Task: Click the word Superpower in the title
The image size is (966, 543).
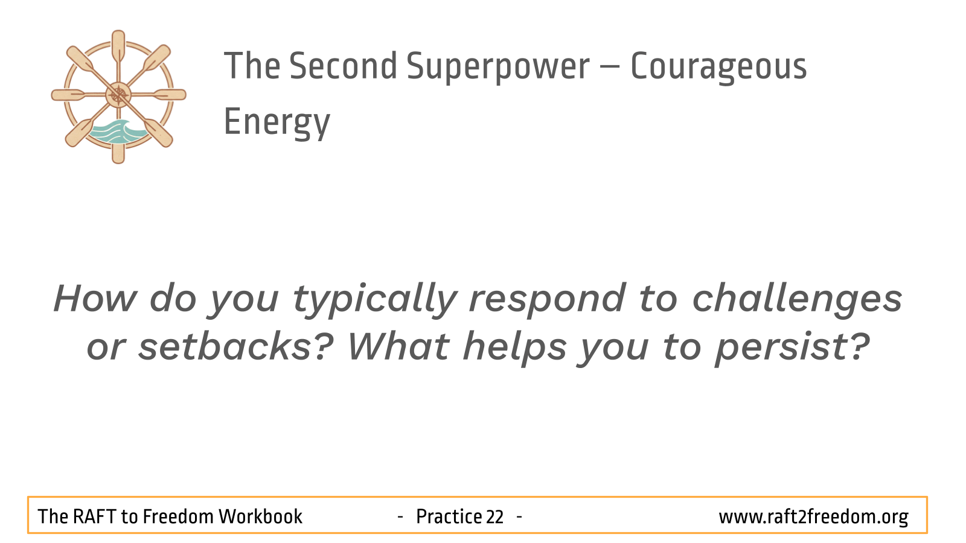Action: [x=497, y=66]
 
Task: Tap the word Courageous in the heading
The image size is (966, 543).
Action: [x=718, y=66]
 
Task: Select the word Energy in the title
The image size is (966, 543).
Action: [x=277, y=123]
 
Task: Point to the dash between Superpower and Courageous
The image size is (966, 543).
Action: [x=610, y=67]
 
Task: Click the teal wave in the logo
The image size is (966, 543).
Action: [x=117, y=132]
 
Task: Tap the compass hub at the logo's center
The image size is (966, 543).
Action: [x=118, y=95]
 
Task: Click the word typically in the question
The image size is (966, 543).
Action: [x=374, y=299]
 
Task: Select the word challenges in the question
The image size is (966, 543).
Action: [x=797, y=299]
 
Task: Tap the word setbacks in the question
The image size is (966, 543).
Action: [x=235, y=346]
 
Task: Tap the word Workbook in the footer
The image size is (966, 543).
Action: [x=260, y=516]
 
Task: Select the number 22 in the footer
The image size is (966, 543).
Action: [x=494, y=517]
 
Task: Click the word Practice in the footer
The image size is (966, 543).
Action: [x=449, y=516]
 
